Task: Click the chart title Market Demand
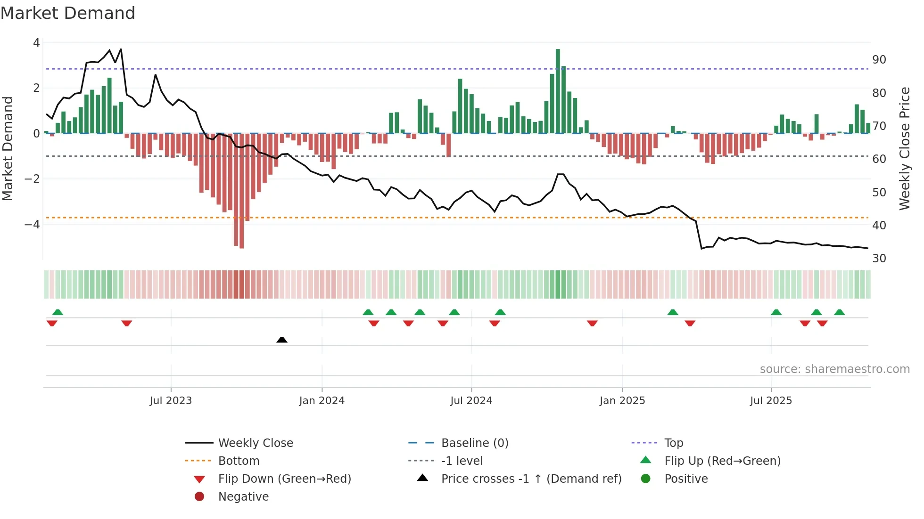(x=68, y=13)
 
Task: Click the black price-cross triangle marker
(x=282, y=340)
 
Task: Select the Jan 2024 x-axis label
(x=322, y=401)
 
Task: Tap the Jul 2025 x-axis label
(x=771, y=401)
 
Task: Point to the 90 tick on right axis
(x=879, y=60)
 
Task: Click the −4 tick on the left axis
(x=32, y=224)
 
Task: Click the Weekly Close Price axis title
(x=904, y=148)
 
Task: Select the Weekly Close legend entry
(x=255, y=443)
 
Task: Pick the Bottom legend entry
(x=239, y=461)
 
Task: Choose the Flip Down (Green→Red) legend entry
(x=284, y=478)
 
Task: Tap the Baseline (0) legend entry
(x=474, y=443)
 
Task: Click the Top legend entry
(x=673, y=443)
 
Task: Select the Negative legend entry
(x=243, y=496)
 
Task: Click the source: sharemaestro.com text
(x=834, y=369)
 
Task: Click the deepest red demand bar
(x=242, y=191)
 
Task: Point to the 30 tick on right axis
(x=879, y=258)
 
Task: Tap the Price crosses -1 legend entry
(x=531, y=478)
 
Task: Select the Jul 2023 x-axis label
(x=171, y=401)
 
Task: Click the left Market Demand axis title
(x=8, y=148)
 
